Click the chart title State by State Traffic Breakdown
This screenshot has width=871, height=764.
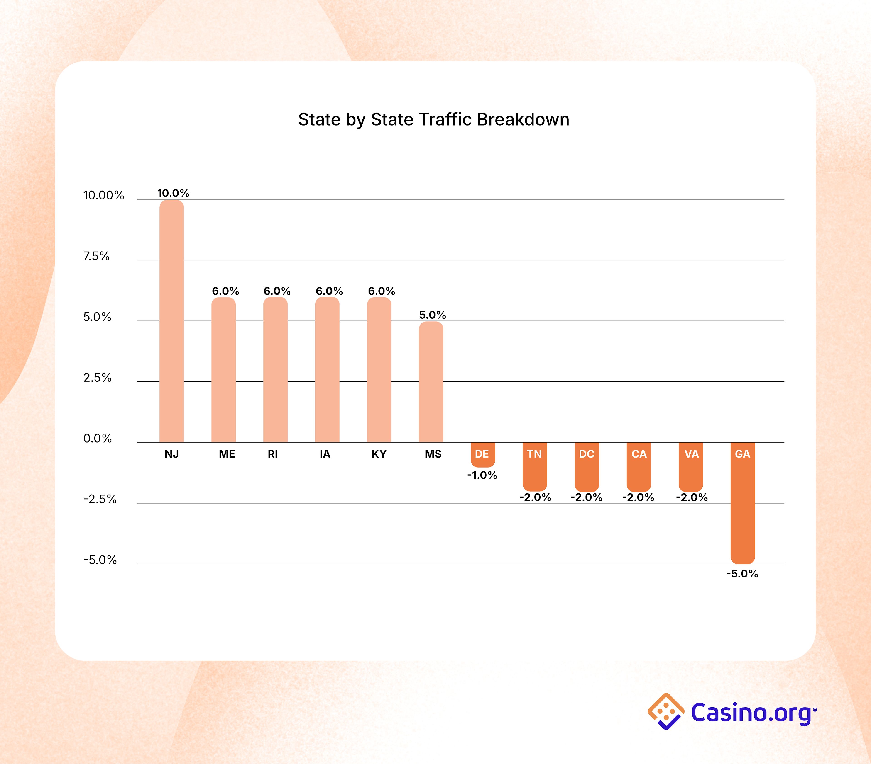(x=433, y=120)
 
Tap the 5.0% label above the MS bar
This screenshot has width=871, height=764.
(x=432, y=315)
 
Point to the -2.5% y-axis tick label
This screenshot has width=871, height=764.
(x=100, y=499)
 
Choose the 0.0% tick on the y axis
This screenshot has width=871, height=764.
(x=97, y=438)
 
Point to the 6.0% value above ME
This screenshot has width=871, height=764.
(x=225, y=291)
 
